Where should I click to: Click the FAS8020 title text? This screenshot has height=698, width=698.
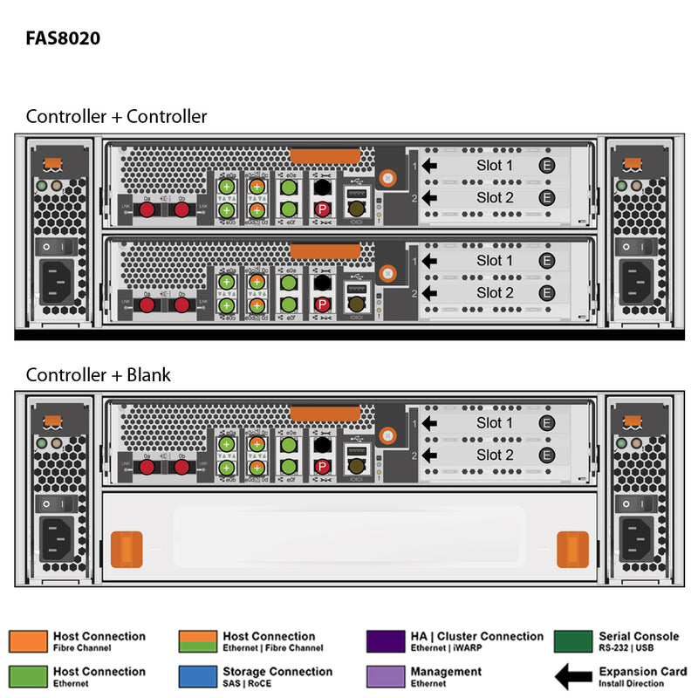point(63,38)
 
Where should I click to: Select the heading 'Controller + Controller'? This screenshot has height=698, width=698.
point(116,116)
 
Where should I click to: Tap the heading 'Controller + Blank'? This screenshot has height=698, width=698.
point(98,375)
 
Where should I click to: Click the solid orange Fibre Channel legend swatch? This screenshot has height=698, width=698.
point(28,641)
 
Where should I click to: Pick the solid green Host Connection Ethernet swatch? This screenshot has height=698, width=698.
point(28,676)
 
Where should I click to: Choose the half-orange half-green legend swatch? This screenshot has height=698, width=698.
point(197,641)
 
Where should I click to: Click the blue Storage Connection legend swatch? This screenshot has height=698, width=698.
point(197,676)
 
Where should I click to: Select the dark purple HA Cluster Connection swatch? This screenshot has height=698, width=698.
point(386,641)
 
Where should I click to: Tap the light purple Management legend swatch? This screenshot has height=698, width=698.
point(386,676)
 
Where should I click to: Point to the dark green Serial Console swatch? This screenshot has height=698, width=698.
point(573,641)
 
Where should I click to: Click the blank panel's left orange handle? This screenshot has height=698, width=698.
point(127,548)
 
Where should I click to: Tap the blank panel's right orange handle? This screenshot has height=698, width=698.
point(572,548)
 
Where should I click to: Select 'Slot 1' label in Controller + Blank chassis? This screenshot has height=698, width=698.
point(495,423)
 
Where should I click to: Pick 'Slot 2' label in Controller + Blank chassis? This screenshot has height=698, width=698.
point(495,455)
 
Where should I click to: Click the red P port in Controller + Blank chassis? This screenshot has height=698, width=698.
point(322,468)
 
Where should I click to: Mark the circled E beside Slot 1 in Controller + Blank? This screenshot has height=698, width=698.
point(547,423)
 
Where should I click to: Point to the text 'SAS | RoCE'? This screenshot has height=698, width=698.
point(248,683)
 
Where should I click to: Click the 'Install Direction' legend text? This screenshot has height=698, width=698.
point(631,683)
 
